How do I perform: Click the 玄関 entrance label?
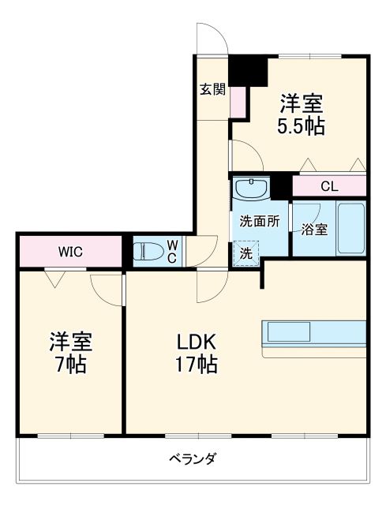tap(212, 89)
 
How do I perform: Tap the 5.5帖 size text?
tap(301, 126)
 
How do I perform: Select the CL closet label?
tap(329, 187)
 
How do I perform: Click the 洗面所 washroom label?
tap(260, 222)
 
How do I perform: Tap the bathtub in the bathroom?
tap(351, 228)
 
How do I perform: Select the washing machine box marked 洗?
tap(245, 254)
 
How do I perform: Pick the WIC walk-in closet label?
tap(69, 252)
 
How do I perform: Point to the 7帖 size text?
tap(71, 365)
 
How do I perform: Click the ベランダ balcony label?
tap(193, 458)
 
